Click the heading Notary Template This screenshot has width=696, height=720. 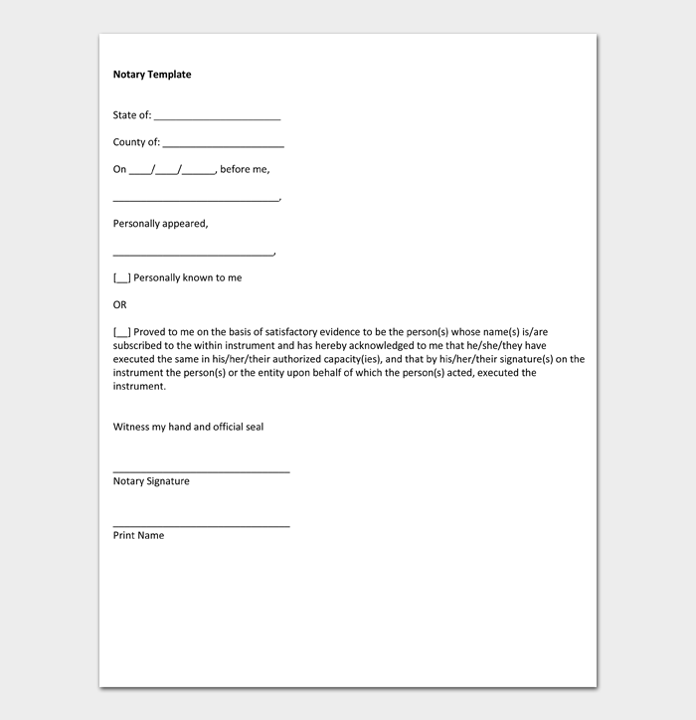152,75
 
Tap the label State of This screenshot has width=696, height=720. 132,115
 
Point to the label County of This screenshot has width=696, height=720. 136,142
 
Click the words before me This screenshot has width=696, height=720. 245,169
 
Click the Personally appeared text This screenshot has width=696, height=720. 160,224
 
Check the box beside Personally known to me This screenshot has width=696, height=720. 121,278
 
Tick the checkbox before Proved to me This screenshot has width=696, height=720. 121,332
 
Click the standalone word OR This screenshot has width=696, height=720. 120,305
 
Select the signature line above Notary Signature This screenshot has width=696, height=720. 201,470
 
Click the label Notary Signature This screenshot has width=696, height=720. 151,481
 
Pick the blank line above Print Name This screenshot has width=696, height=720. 201,524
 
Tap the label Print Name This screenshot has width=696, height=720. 138,536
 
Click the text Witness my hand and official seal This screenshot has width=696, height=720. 188,427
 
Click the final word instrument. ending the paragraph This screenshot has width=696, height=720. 139,386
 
